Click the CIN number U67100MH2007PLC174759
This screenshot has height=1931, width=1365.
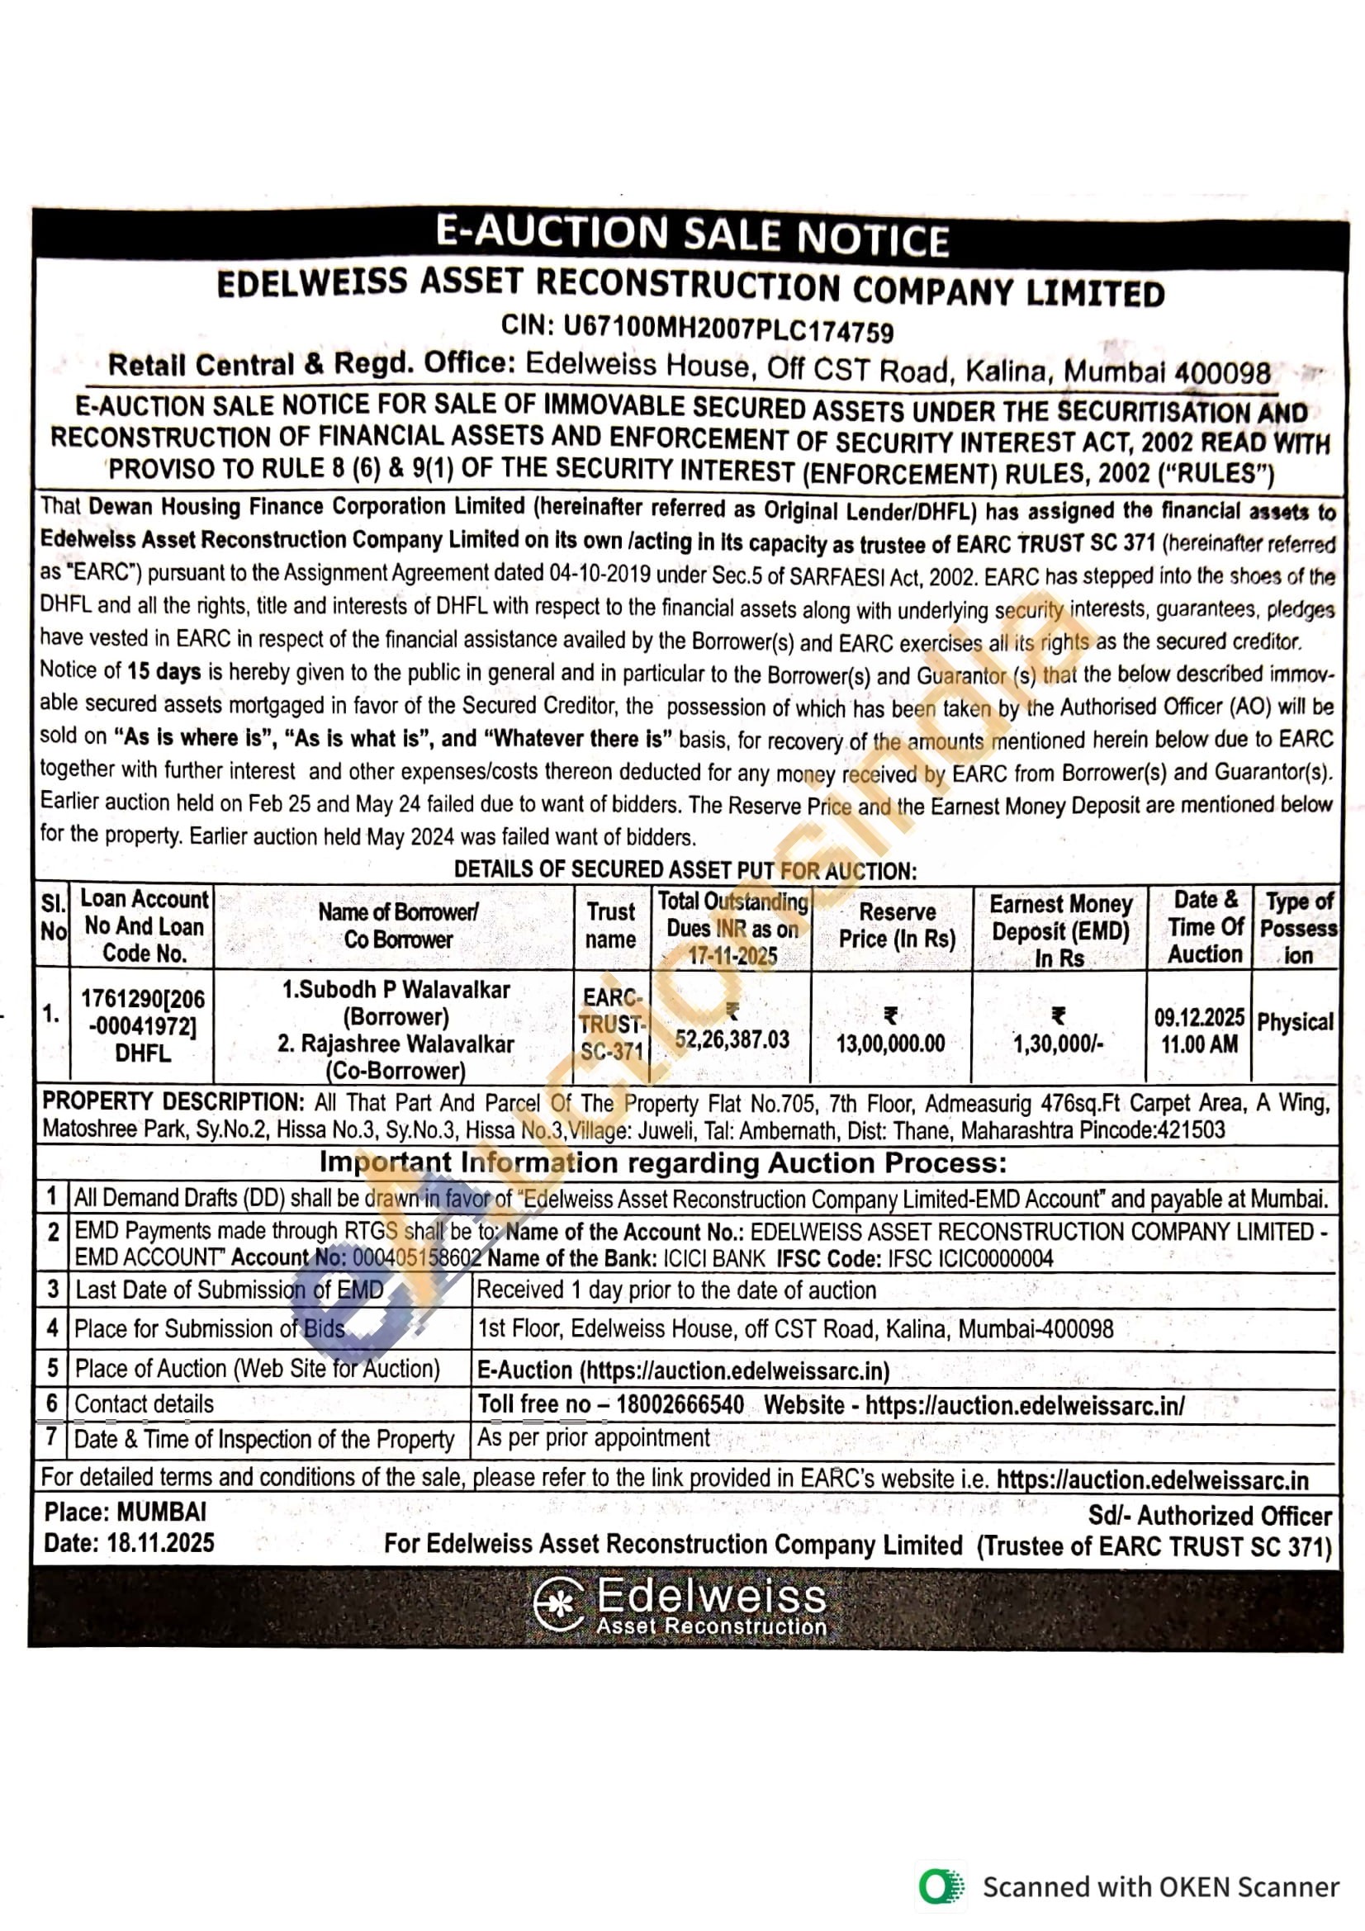[728, 329]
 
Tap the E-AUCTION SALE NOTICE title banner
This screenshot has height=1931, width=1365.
[691, 235]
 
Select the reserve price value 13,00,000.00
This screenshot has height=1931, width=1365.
[890, 1044]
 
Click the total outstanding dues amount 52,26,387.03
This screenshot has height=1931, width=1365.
[732, 1039]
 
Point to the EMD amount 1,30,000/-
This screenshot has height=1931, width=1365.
[1058, 1044]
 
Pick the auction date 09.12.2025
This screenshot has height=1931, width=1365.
[1198, 1018]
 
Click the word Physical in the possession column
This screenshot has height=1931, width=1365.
[1294, 1022]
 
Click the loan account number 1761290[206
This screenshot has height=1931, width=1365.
[142, 999]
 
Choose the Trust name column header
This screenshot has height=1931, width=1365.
[610, 925]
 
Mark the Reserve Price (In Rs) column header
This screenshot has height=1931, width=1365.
[897, 925]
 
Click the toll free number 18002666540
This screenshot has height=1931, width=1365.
[680, 1404]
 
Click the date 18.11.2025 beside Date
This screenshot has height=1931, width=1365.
[160, 1542]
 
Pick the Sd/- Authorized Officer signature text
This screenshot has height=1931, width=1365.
[1210, 1515]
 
